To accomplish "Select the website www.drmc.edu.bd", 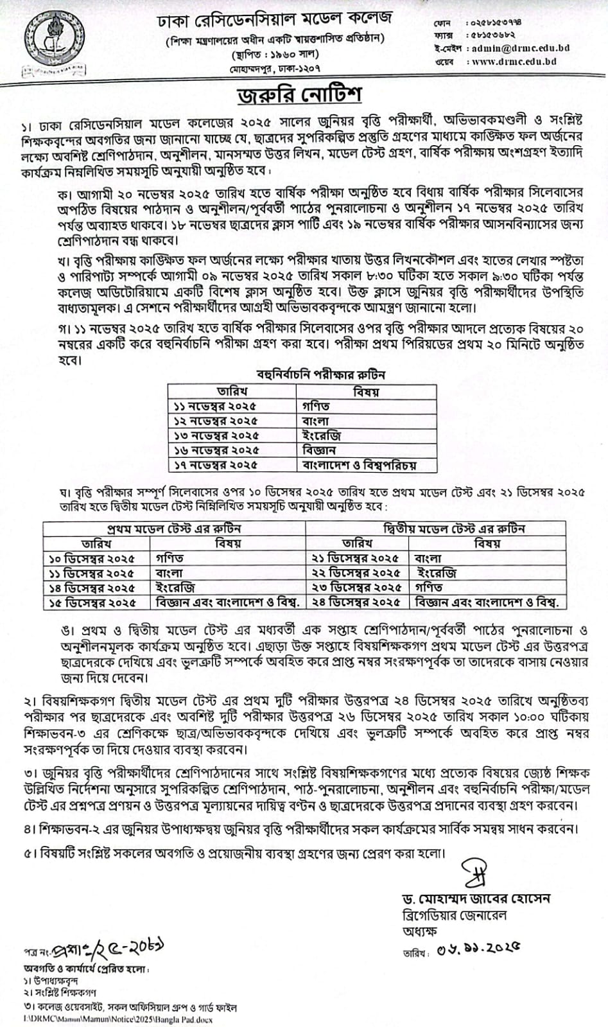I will click(x=514, y=62).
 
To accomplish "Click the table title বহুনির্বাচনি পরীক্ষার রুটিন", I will click(x=320, y=374).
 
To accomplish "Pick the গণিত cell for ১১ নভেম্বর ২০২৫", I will click(x=316, y=406).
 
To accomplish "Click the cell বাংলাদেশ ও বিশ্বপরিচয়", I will click(x=360, y=464).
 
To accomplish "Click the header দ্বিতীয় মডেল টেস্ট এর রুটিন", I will click(x=454, y=529).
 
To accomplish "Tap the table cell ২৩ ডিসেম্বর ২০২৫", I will click(x=358, y=587).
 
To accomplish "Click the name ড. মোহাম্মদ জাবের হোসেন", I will click(x=473, y=898).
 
